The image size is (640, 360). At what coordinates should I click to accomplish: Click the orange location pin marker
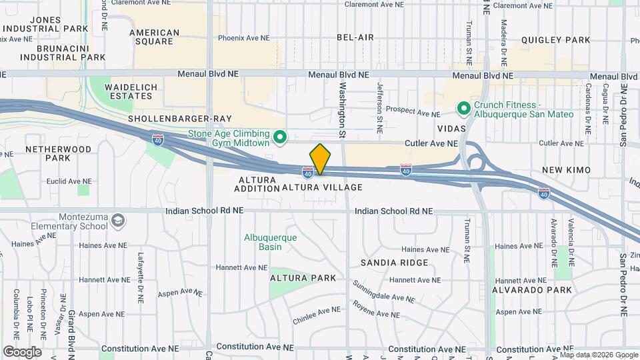click(x=320, y=159)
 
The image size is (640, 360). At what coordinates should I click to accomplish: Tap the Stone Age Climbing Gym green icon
click(x=281, y=138)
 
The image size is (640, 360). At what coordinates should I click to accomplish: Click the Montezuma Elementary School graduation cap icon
click(x=117, y=219)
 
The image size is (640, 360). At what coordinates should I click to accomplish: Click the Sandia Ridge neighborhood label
click(x=395, y=263)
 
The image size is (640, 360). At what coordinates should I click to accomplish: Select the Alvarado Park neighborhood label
click(x=532, y=290)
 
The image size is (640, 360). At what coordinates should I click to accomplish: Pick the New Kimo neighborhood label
click(x=566, y=170)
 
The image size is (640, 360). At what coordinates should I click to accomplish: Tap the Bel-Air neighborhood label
click(x=355, y=37)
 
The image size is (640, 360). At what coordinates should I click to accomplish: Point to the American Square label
click(x=155, y=37)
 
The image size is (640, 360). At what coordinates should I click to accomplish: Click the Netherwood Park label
click(x=58, y=153)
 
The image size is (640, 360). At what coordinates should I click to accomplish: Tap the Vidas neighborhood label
click(x=451, y=127)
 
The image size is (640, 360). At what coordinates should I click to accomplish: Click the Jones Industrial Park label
click(x=45, y=25)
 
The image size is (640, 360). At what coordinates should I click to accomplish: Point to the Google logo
click(x=22, y=351)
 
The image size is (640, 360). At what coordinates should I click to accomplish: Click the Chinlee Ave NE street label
click(x=316, y=316)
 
